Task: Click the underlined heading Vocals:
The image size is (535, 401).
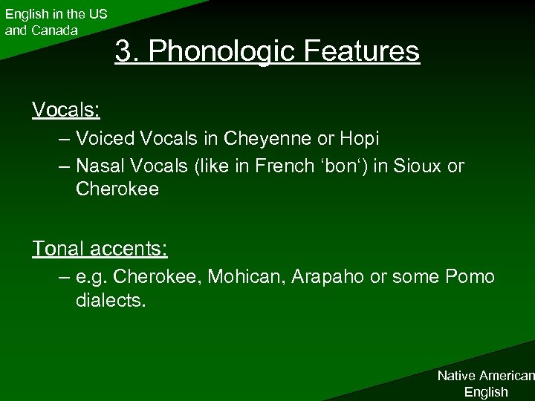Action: click(66, 110)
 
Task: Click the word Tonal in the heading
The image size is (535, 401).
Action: click(55, 249)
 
